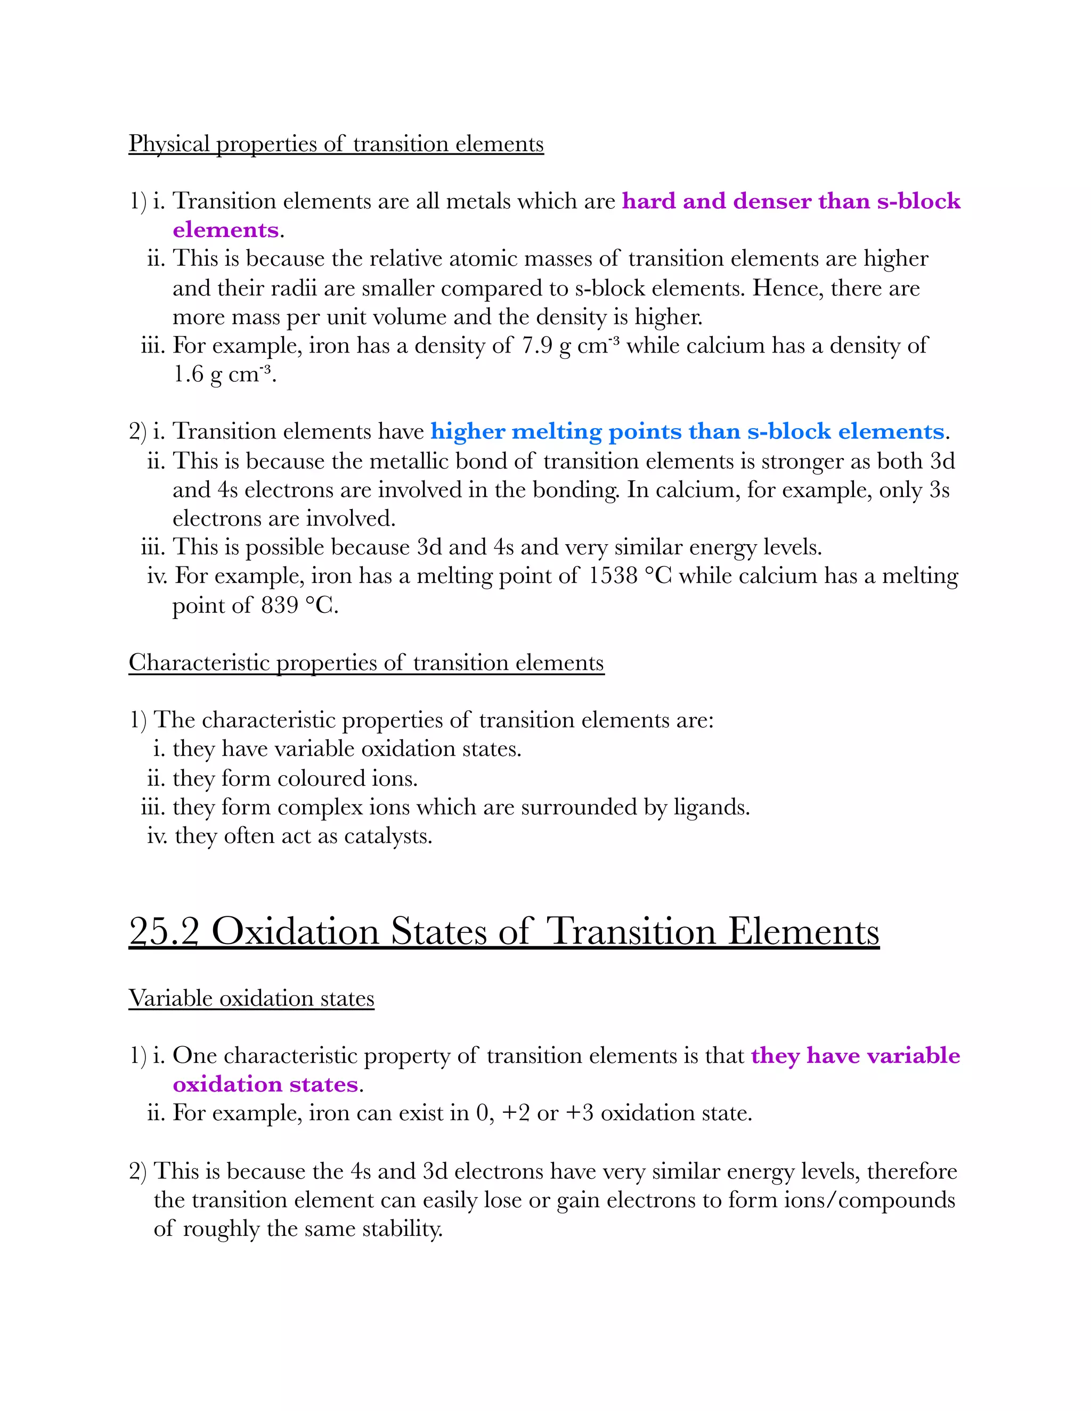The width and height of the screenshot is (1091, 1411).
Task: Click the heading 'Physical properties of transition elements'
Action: [x=336, y=143]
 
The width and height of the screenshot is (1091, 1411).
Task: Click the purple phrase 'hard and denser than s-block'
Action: [x=791, y=201]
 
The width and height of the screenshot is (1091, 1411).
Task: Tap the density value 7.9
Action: [x=537, y=346]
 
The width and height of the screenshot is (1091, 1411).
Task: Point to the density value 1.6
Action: [x=188, y=374]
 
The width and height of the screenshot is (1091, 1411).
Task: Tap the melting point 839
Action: [x=279, y=605]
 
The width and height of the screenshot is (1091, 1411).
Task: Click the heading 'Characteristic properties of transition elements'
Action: [x=366, y=662]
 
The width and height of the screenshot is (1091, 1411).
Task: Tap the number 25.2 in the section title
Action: [x=164, y=932]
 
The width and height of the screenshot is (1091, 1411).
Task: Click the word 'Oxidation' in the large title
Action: [x=295, y=932]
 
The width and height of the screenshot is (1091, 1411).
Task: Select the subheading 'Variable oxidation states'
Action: [x=251, y=998]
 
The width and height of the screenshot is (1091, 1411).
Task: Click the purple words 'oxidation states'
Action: [x=265, y=1084]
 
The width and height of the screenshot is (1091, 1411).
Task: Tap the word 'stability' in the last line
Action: [x=401, y=1228]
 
